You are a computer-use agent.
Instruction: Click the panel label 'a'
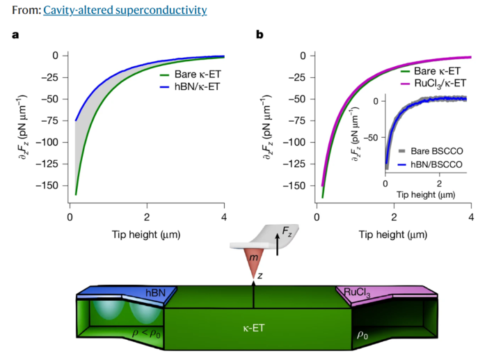point(15,34)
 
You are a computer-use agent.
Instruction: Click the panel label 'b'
point(260,34)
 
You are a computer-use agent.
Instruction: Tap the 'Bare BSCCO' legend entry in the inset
point(430,151)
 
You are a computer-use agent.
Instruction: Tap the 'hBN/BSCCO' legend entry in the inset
point(429,164)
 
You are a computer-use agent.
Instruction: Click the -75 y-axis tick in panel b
point(298,120)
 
